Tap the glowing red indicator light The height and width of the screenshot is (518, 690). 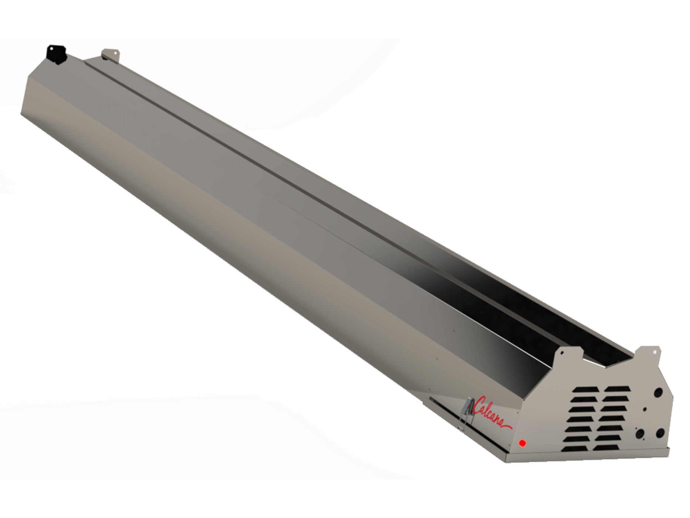[x=523, y=443]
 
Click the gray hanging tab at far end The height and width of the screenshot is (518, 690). [x=110, y=54]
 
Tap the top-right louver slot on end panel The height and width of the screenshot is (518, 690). [x=617, y=389]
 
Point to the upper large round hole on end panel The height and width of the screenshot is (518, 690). [x=658, y=393]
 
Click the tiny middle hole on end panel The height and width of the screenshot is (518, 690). [x=645, y=409]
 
